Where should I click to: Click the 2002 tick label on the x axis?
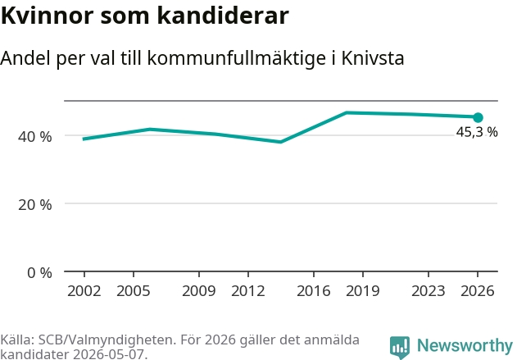coord(84,291)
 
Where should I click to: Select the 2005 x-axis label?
coord(134,291)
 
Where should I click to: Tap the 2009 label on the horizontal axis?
coord(199,291)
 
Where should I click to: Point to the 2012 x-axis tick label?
coord(248,291)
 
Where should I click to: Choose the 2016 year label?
coord(314,291)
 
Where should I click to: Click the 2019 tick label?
coord(363,291)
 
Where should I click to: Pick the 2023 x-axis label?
coord(429,291)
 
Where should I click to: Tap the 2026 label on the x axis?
coord(478,291)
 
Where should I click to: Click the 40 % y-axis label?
coord(35,137)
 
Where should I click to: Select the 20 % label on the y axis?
coord(35,205)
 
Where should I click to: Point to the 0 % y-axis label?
coord(39,273)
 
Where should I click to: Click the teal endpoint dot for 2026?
coord(478,117)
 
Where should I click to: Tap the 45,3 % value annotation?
coord(477,132)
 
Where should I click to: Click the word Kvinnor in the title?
coord(48,16)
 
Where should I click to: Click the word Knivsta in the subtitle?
coord(373,58)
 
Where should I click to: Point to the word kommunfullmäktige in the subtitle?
coord(237,59)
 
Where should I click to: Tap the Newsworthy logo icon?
coord(400,348)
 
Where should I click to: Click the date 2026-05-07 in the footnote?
coord(110,354)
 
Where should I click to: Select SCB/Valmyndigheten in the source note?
coord(106,339)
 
